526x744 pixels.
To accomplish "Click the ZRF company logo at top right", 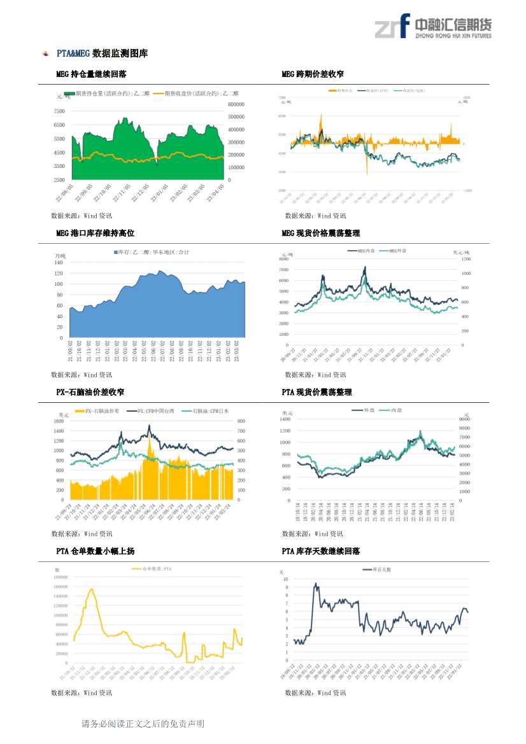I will click(433, 27).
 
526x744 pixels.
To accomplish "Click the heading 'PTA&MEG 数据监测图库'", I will click(102, 53).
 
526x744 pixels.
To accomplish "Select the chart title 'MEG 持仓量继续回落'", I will click(91, 74).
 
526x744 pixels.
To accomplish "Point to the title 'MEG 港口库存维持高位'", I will click(95, 234).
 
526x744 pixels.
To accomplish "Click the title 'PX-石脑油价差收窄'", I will click(90, 392).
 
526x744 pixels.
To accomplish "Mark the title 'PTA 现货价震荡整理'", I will click(316, 392).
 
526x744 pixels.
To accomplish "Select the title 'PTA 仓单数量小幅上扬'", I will click(95, 551).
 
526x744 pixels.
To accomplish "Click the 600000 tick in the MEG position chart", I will click(236, 104).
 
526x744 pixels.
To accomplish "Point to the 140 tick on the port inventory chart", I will click(59, 262).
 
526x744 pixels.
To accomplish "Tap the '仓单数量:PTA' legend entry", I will click(153, 569).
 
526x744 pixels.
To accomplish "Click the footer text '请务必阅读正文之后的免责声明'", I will click(143, 724).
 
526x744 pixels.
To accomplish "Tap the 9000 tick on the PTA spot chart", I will click(464, 420).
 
